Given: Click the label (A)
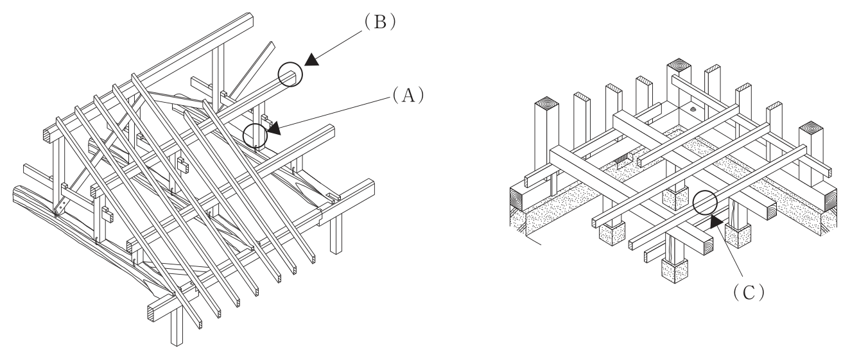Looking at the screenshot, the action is point(408,95).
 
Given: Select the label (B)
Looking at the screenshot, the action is point(380,22).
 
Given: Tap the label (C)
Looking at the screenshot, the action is point(749,293).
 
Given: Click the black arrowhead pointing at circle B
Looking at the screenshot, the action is point(312,60).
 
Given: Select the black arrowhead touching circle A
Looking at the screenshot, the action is point(274,128).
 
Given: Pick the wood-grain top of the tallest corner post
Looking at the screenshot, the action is point(679,65).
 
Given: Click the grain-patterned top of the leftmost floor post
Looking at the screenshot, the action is point(547,103).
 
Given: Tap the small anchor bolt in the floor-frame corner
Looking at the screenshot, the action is point(693,110).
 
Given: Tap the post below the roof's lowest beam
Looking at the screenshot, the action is point(177,325).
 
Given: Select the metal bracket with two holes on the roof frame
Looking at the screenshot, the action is point(60,207).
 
